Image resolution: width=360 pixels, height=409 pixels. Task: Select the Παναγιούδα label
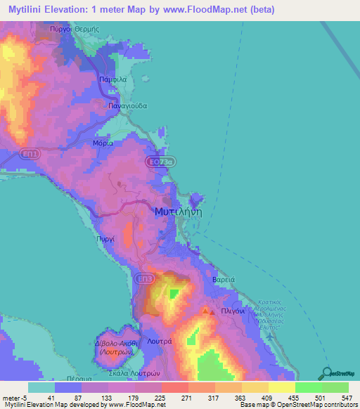(127, 105)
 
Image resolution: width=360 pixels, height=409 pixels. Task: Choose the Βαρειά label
(223, 280)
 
